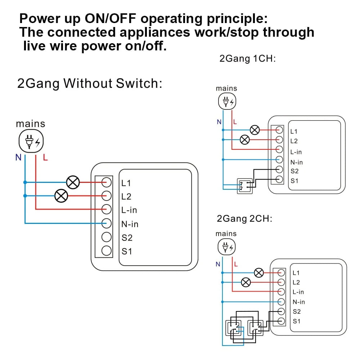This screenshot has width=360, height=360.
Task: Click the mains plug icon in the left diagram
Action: [x=31, y=141]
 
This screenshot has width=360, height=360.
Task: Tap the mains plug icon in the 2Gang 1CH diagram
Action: [x=227, y=102]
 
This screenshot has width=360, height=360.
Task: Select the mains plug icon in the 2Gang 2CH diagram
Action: [x=226, y=247]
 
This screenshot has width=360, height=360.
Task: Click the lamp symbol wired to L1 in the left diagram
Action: [x=73, y=183]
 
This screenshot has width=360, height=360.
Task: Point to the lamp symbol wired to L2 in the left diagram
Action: [x=61, y=196]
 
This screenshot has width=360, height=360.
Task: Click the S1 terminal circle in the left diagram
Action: [x=106, y=251]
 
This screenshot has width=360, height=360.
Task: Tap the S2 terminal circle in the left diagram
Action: [x=106, y=237]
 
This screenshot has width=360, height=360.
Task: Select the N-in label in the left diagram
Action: [x=130, y=224]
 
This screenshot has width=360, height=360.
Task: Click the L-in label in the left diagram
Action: [x=129, y=210]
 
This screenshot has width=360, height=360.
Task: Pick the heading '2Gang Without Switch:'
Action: [x=90, y=84]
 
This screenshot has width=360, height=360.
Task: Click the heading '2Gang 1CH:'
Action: [x=247, y=58]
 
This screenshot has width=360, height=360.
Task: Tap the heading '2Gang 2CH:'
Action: [x=245, y=219]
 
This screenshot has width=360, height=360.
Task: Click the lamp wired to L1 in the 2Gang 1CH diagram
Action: [x=255, y=130]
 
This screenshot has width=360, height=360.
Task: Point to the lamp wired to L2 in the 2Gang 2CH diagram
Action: [x=246, y=282]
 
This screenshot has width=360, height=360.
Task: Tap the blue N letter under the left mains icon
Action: [x=18, y=157]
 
